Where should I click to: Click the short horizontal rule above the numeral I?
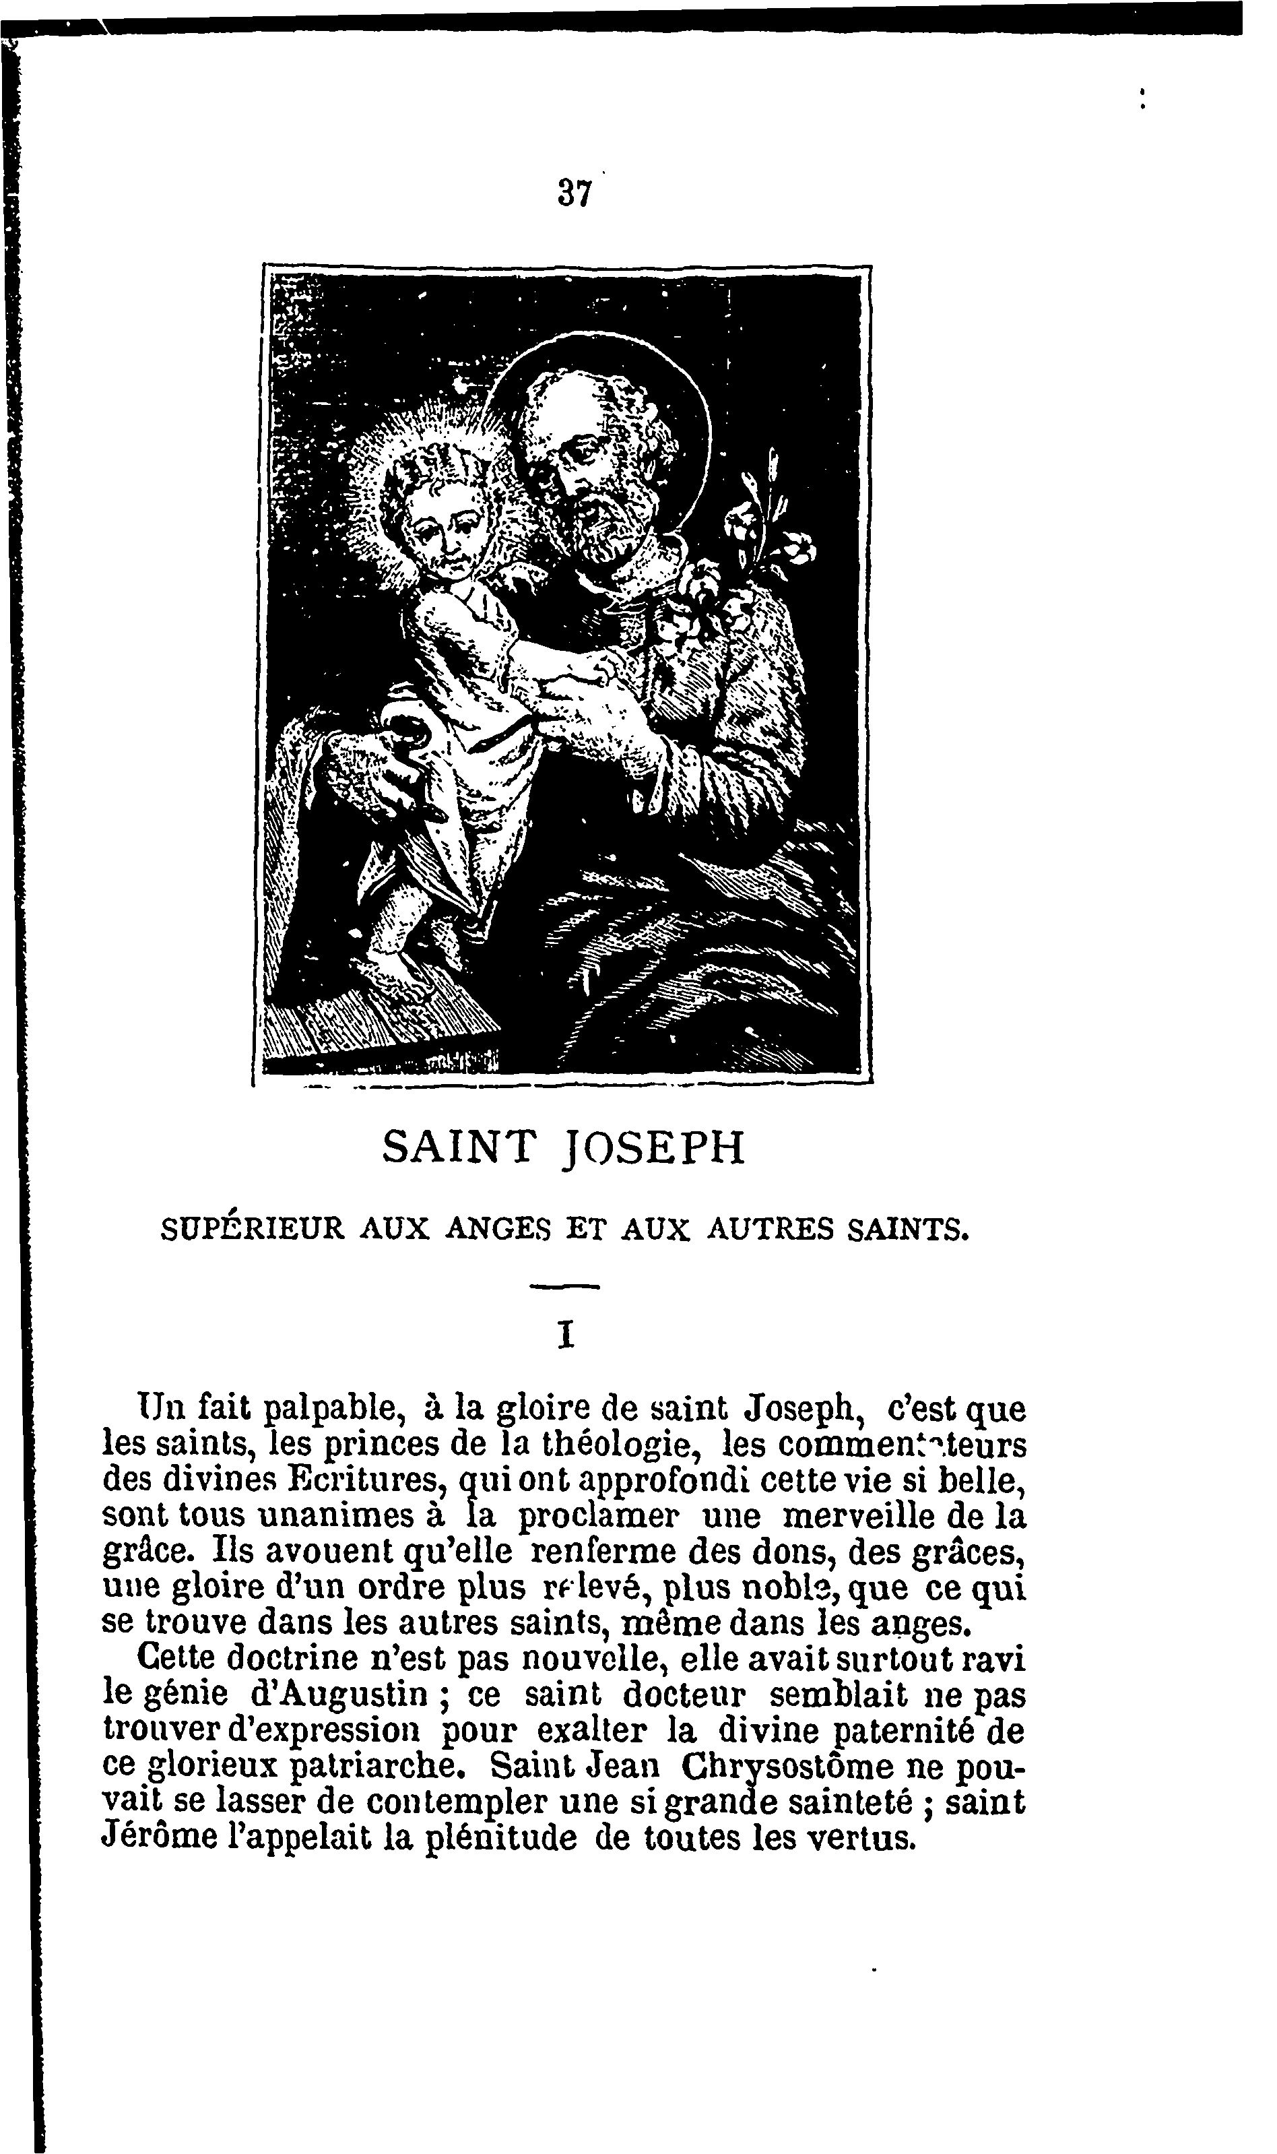point(564,1287)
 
